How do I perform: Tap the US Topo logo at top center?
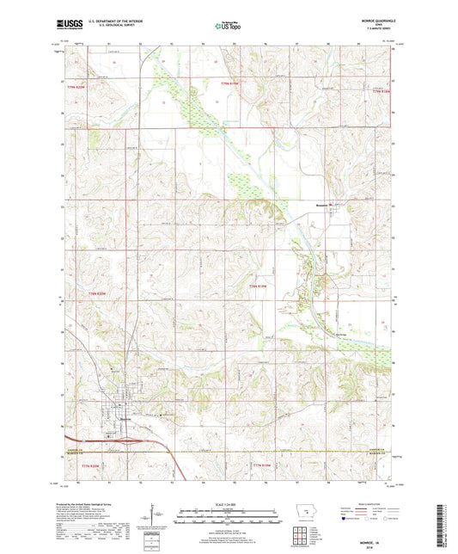pos(228,27)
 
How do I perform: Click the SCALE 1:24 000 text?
pos(229,503)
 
